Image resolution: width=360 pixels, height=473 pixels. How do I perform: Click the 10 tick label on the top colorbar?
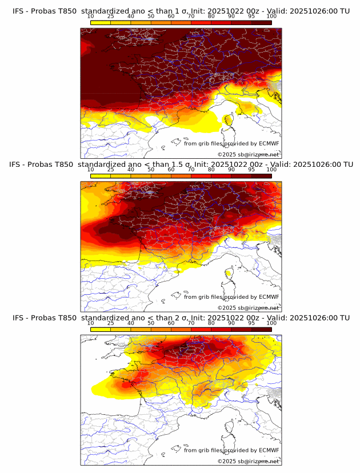pyautogui.click(x=91, y=16)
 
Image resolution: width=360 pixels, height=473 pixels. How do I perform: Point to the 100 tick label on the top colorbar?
pyautogui.click(x=271, y=16)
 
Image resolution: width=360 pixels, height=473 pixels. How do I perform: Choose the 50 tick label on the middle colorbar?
pyautogui.click(x=151, y=170)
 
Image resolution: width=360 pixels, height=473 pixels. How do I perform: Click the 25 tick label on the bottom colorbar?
pyautogui.click(x=111, y=323)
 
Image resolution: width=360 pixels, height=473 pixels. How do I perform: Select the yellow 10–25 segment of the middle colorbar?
pyautogui.click(x=101, y=175)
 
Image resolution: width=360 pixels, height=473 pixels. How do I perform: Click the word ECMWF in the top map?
pyautogui.click(x=269, y=143)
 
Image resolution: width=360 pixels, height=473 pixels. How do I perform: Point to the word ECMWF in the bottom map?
pyautogui.click(x=269, y=450)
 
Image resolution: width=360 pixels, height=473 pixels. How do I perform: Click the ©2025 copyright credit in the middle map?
pyautogui.click(x=248, y=307)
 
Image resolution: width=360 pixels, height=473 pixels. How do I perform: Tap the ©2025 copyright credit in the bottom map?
pyautogui.click(x=248, y=461)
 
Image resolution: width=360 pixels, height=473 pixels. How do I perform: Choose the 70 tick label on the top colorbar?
pyautogui.click(x=191, y=16)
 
